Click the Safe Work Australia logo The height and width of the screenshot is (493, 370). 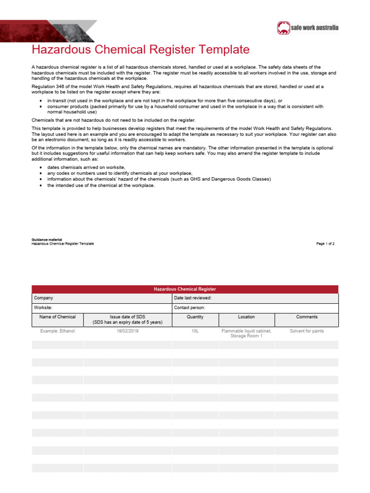308,28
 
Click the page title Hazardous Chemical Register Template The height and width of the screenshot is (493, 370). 141,50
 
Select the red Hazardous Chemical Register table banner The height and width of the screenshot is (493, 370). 185,289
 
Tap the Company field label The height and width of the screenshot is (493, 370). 43,298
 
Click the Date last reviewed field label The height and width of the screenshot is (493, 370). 193,298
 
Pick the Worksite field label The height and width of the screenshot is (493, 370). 43,307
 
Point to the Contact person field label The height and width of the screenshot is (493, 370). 189,307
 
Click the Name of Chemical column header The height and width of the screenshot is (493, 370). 57,317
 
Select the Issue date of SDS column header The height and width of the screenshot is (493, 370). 127,319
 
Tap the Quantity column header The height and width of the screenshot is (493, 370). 195,317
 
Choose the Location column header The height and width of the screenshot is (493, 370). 246,317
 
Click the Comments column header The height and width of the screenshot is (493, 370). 307,317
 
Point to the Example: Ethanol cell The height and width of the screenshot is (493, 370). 57,331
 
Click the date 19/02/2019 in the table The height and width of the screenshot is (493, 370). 127,331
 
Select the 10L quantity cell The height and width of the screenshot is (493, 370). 195,331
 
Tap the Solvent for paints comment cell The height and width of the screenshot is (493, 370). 307,331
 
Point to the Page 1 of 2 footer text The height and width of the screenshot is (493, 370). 325,244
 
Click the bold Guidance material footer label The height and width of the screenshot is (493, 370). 46,239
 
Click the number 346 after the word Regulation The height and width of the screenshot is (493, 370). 60,87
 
